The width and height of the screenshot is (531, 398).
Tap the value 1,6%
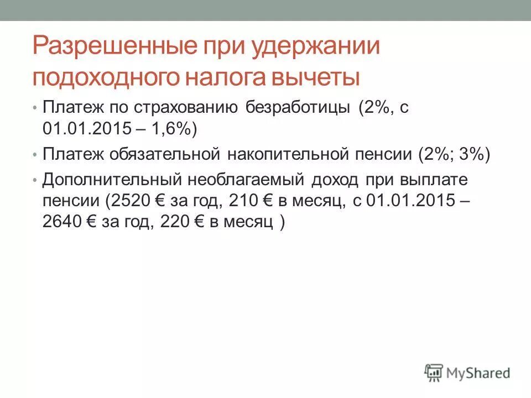tap(169, 128)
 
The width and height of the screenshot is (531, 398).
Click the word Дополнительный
tap(110, 180)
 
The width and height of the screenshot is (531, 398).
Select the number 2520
tap(131, 201)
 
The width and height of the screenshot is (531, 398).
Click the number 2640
tap(61, 222)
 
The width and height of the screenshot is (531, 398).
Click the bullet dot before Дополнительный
tap(35, 181)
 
